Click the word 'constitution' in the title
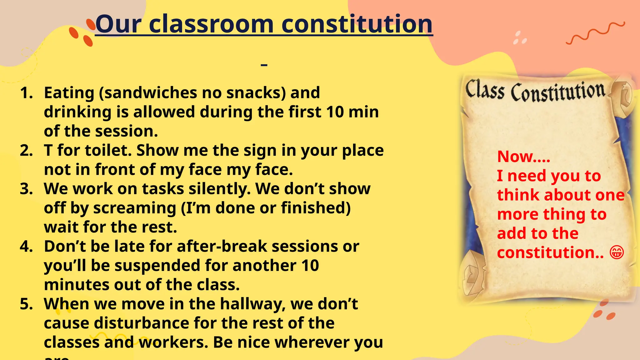click(x=357, y=24)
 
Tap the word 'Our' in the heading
click(x=118, y=24)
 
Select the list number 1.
click(x=26, y=93)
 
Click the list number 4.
click(x=26, y=247)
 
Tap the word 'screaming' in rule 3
click(x=135, y=208)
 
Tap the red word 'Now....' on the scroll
click(x=523, y=156)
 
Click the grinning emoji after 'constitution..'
click(x=617, y=252)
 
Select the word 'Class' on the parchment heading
click(x=485, y=90)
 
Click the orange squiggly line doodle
click(x=595, y=33)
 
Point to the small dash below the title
click(x=264, y=65)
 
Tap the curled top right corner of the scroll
click(x=622, y=94)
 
